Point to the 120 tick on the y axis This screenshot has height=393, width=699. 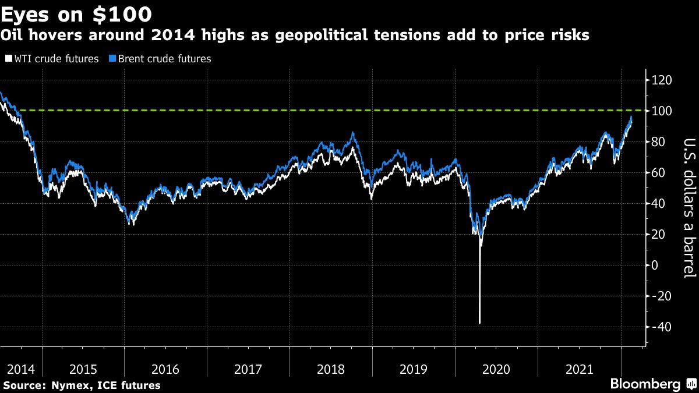point(662,80)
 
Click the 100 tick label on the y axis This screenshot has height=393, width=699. point(662,111)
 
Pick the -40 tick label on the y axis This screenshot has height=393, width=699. point(661,327)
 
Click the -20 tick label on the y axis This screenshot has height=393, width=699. point(661,296)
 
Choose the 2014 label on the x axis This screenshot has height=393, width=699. point(20,369)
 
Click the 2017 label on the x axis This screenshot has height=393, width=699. point(248,369)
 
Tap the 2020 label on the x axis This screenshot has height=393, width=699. point(497,369)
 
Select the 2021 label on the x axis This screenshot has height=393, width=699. point(580,369)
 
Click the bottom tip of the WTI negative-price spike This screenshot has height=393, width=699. point(479,323)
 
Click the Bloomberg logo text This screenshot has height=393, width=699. point(644,384)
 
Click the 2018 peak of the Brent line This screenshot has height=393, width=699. point(353,133)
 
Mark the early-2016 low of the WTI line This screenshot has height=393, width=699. point(129,224)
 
